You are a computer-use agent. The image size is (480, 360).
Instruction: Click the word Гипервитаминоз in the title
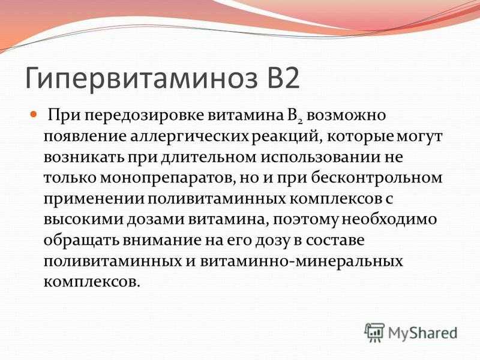point(141,78)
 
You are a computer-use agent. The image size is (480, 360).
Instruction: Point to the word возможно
point(346,116)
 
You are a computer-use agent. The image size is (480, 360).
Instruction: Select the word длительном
point(209,158)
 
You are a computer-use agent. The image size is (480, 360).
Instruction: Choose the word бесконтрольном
point(377,178)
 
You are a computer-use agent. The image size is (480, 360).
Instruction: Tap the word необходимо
point(389,220)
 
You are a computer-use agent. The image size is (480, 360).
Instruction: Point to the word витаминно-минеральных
point(302,262)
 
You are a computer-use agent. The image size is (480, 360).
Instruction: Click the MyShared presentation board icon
point(374,332)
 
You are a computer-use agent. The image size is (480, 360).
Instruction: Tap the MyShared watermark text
point(423,333)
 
